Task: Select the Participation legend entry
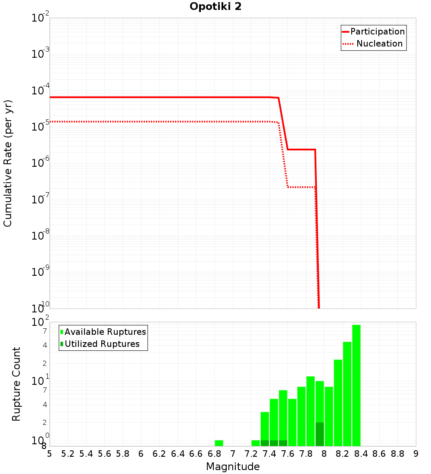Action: [x=373, y=31]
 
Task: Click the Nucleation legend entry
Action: [x=373, y=44]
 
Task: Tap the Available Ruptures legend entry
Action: [x=103, y=332]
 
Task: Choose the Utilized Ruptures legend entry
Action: [x=103, y=344]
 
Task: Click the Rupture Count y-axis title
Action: [x=16, y=384]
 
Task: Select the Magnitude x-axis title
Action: [x=233, y=467]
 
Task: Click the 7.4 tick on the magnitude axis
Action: [x=269, y=454]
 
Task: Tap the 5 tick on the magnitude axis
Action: [x=50, y=454]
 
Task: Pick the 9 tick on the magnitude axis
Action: [x=416, y=454]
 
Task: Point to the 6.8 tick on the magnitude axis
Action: [x=214, y=454]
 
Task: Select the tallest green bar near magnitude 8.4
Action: [x=356, y=385]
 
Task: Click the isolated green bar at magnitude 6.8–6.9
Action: [x=219, y=443]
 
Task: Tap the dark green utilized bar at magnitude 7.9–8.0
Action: [x=319, y=434]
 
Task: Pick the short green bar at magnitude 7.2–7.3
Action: [x=256, y=443]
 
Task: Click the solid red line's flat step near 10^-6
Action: [x=301, y=150]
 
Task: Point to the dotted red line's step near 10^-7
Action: [x=301, y=187]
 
